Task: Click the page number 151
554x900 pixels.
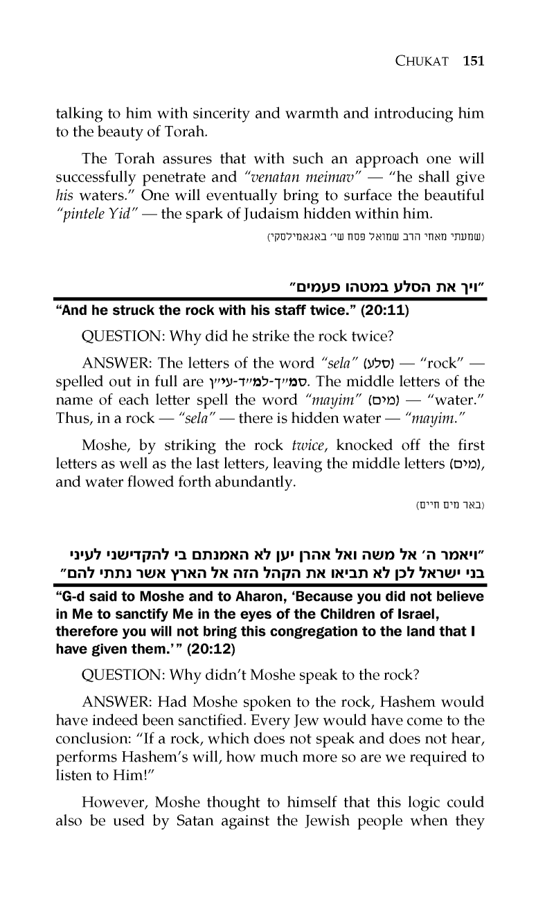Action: [x=473, y=61]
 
